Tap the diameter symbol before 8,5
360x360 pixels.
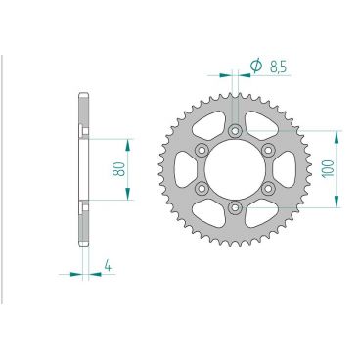[x=253, y=66]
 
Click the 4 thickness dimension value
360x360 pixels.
[x=107, y=263]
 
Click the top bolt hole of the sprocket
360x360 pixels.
[x=234, y=130]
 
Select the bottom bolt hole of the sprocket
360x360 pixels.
[x=234, y=205]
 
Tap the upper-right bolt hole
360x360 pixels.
[x=266, y=149]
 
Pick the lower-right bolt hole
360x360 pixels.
[x=266, y=187]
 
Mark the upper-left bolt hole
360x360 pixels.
[x=202, y=149]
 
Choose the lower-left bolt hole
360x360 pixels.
[x=202, y=187]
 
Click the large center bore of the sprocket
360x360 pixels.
[x=234, y=168]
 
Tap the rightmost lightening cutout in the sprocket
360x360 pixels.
[x=285, y=168]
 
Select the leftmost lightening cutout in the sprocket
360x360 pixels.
[x=183, y=168]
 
